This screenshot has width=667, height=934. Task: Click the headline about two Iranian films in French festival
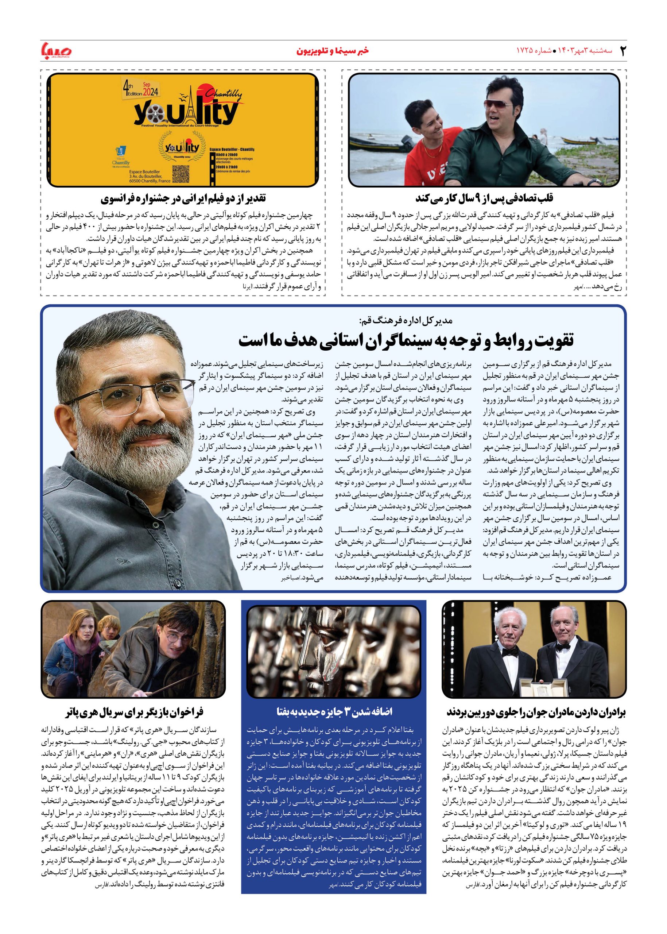coord(183,198)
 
